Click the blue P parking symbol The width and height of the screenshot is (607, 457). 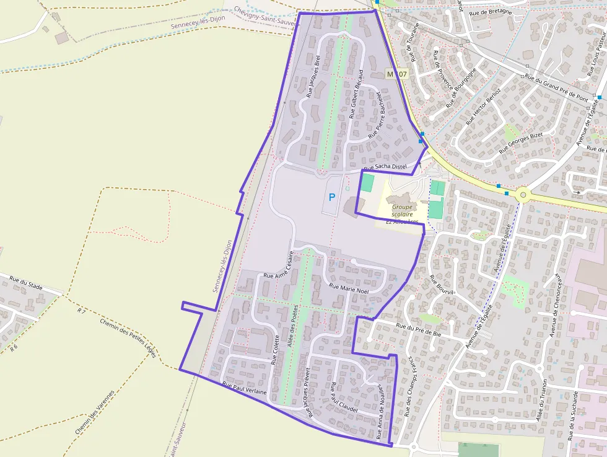332,197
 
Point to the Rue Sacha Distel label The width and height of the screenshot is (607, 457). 385,167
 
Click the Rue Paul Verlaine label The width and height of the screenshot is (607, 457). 244,389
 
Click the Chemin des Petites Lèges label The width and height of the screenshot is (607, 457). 128,338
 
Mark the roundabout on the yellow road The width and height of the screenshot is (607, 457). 524,195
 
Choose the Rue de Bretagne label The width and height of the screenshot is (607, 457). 491,11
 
